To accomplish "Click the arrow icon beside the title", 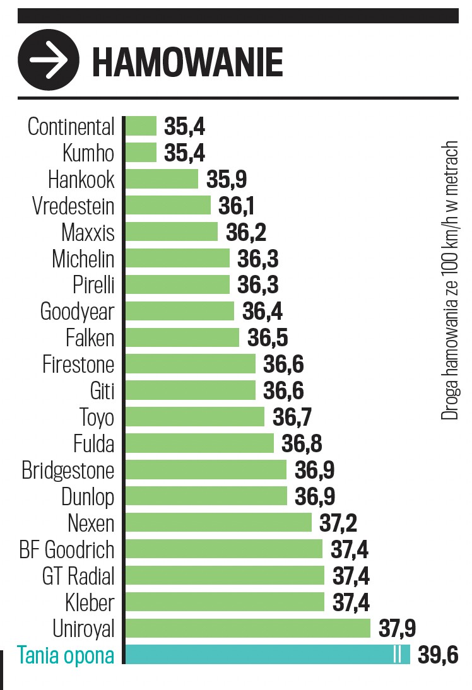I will coord(49,61).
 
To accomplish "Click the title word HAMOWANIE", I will coord(187,62).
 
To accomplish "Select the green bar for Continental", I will coord(141,126).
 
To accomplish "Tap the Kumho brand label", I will coord(88,153).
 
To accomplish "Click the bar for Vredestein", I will coord(168,206).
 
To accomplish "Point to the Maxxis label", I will coord(88,233).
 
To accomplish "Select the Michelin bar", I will coord(177,259).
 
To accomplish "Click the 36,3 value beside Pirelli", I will coord(257,285).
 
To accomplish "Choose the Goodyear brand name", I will coord(77,312).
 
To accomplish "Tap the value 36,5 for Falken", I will coord(268,338).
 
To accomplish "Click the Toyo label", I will coord(97,418).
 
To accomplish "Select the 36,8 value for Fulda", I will coord(302,444).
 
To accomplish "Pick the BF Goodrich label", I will coord(67,549).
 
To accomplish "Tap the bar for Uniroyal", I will coord(247,628).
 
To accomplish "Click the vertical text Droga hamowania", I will coord(449,281).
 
